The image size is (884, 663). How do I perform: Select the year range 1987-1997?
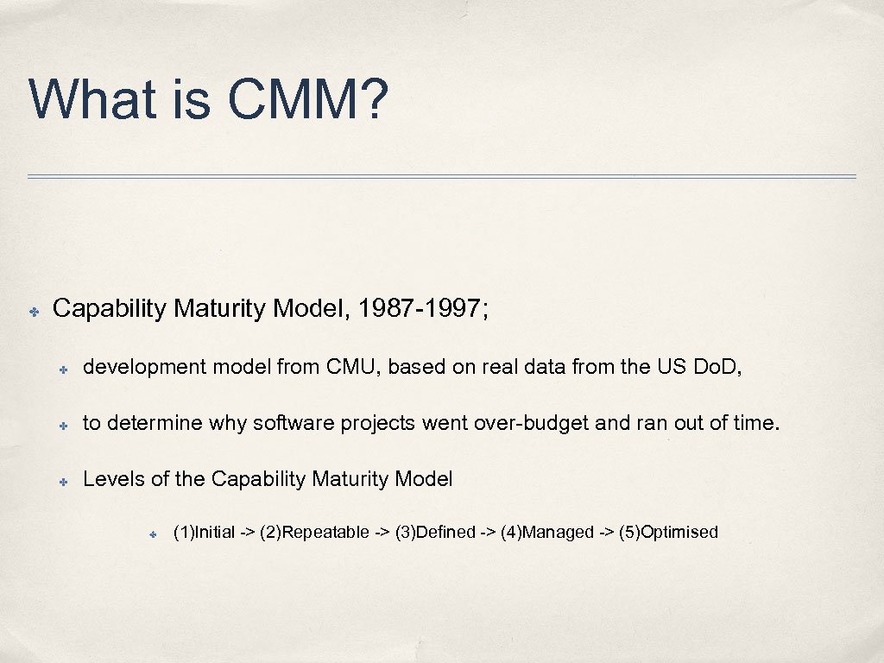tap(420, 308)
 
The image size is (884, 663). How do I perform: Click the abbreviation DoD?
tap(717, 367)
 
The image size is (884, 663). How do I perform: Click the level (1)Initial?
tap(204, 532)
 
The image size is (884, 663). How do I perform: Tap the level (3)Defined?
tap(435, 532)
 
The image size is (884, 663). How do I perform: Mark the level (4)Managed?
tap(547, 532)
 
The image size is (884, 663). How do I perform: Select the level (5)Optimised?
tap(668, 532)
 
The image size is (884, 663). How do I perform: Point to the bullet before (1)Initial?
tap(150, 534)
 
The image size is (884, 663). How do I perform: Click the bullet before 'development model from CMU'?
tap(64, 369)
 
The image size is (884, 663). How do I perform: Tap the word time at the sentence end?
tap(757, 423)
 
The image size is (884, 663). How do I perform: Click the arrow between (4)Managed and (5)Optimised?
tap(606, 532)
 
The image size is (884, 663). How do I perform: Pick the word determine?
tap(144, 423)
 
